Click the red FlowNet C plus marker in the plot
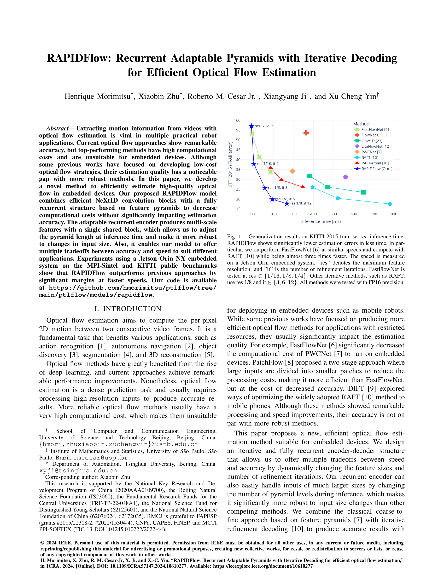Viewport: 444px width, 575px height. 306,133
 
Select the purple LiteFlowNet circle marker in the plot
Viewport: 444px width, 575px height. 346,177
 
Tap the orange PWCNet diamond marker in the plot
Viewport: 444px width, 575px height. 292,171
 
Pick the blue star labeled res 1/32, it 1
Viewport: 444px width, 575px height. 252,126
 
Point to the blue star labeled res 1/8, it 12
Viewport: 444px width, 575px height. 287,204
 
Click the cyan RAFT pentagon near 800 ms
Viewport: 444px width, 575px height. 390,204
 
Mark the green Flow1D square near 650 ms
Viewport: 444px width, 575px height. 364,192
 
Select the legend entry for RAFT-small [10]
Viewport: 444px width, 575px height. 375,163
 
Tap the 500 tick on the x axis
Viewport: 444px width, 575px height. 334,214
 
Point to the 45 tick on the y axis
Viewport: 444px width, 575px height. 238,150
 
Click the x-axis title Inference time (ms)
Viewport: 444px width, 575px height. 320,221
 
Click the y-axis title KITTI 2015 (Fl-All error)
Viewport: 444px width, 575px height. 230,165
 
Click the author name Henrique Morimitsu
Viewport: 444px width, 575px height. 98,96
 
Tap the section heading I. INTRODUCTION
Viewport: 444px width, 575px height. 128,309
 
